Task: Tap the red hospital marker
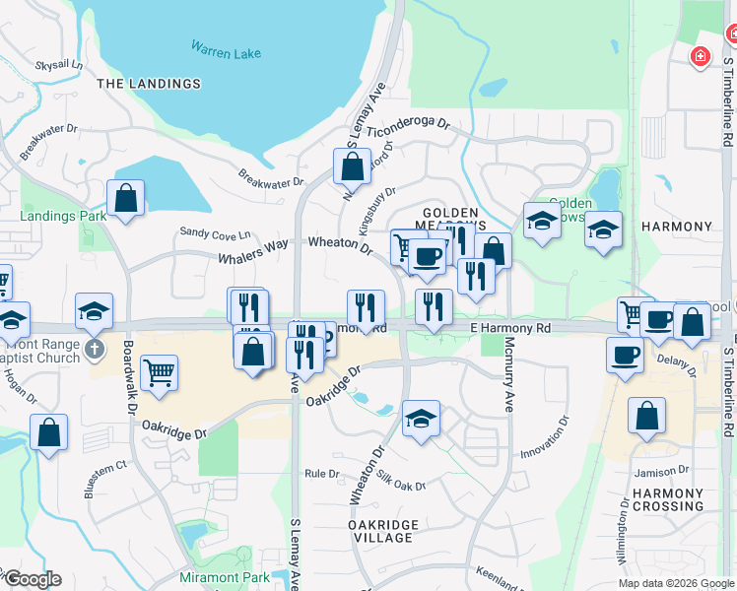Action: point(701,58)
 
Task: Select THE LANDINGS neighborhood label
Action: point(149,84)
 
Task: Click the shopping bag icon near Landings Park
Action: point(126,197)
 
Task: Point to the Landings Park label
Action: point(63,215)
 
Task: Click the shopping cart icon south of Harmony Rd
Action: point(159,372)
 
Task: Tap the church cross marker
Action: point(95,349)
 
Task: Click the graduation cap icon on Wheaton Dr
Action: point(421,418)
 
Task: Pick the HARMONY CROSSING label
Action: point(668,499)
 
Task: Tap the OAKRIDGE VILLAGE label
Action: point(383,531)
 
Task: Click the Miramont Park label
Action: point(225,576)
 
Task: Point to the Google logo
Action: point(33,579)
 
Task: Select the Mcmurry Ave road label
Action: point(509,389)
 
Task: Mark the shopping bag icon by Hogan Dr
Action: point(48,431)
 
